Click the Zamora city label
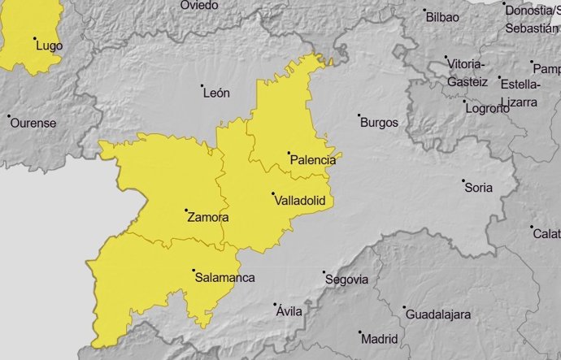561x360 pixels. (207, 218)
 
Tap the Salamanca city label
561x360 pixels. (224, 278)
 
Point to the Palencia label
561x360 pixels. (313, 160)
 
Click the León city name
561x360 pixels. (215, 93)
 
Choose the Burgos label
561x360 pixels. (379, 123)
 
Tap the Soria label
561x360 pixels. (478, 188)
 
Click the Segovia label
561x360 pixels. (346, 280)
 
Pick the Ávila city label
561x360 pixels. (289, 311)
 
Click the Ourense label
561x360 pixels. (32, 123)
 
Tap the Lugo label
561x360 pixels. (49, 46)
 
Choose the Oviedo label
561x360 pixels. (199, 5)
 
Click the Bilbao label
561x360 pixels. (442, 16)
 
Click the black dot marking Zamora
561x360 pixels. (186, 210)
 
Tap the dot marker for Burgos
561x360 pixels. (360, 115)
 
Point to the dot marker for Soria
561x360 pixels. (463, 180)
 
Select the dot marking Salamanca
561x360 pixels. (194, 271)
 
